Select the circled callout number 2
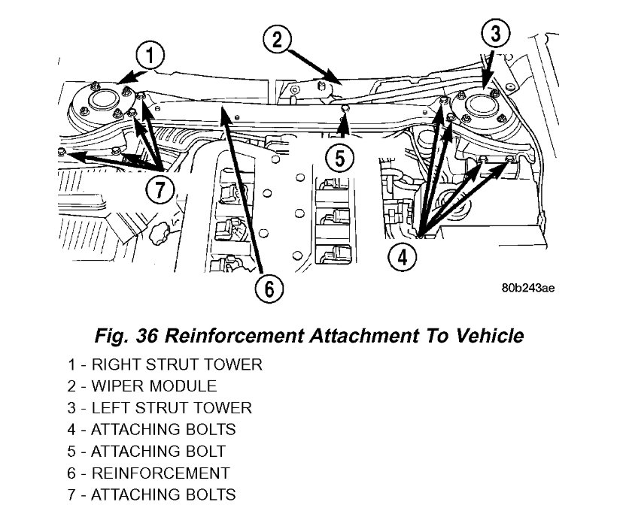point(276,38)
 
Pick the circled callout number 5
point(339,159)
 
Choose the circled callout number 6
point(269,286)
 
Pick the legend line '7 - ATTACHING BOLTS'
point(150,494)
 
